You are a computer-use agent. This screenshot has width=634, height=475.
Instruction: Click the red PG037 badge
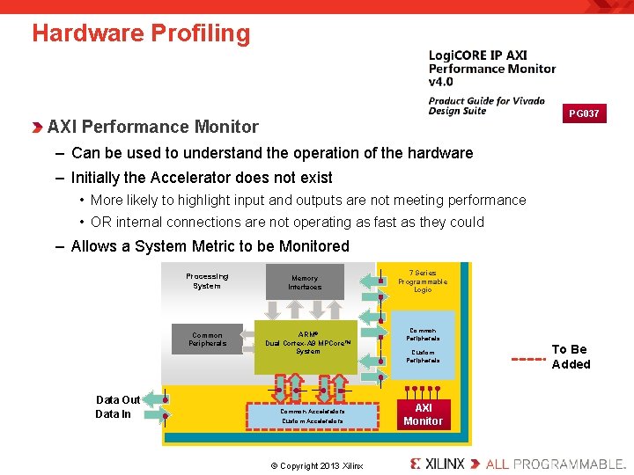(x=584, y=113)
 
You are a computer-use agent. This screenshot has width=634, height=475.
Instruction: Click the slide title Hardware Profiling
(x=141, y=33)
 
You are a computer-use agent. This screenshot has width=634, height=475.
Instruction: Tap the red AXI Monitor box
(x=423, y=414)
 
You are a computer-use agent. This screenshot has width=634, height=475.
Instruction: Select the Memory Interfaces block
(x=305, y=282)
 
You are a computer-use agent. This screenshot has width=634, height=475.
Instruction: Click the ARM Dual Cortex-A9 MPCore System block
(x=308, y=343)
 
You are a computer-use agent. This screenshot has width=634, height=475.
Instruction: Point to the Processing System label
(x=207, y=281)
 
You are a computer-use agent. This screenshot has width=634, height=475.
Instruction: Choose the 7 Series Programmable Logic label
(x=423, y=281)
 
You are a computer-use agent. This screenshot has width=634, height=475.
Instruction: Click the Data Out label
(x=117, y=398)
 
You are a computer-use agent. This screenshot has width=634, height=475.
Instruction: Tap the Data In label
(x=113, y=413)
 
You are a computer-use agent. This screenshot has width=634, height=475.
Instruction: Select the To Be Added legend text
(x=571, y=356)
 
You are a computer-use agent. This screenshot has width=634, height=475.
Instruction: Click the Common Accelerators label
(x=313, y=411)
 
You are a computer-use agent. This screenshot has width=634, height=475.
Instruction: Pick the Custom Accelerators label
(x=313, y=421)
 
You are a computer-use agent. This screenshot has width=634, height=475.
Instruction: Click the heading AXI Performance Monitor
(x=153, y=128)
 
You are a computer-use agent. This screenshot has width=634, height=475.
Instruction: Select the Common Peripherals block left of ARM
(x=207, y=340)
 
